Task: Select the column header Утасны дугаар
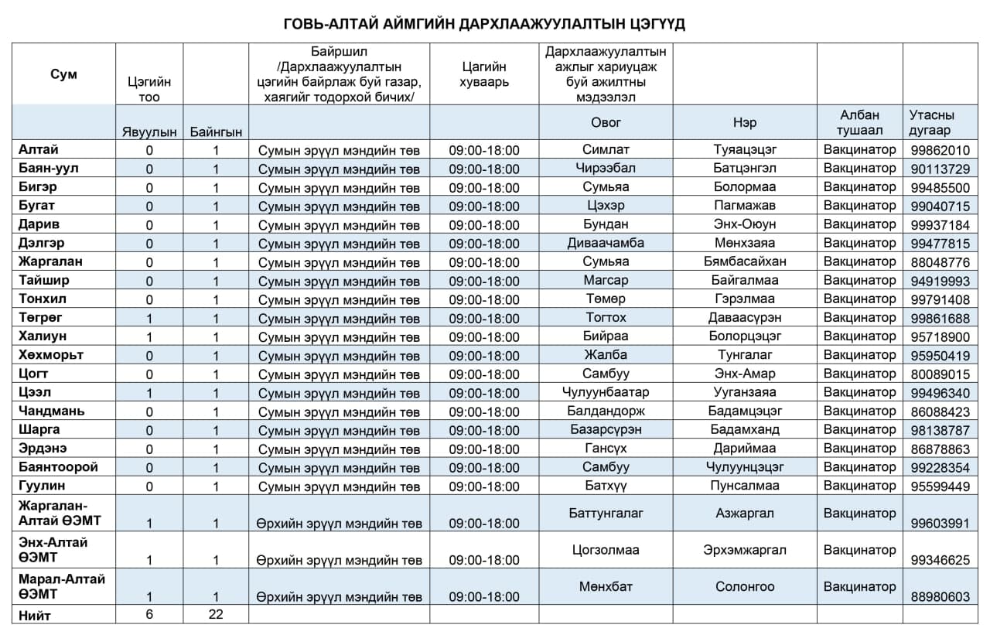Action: point(931,123)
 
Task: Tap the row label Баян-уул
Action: point(49,168)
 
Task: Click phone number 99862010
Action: point(940,150)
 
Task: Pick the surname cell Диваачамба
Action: point(606,243)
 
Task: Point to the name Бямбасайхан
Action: point(744,261)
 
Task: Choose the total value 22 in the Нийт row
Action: point(216,614)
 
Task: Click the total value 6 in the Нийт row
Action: point(149,614)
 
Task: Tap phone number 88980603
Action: point(940,597)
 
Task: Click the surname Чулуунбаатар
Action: point(606,392)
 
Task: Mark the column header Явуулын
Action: point(149,132)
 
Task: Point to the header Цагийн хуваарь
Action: point(484,74)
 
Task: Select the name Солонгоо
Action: point(744,587)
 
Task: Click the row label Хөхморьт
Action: point(51,355)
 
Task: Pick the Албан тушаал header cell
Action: point(859,123)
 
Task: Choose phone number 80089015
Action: point(940,374)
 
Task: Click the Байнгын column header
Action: point(216,132)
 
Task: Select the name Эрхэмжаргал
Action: point(744,550)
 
